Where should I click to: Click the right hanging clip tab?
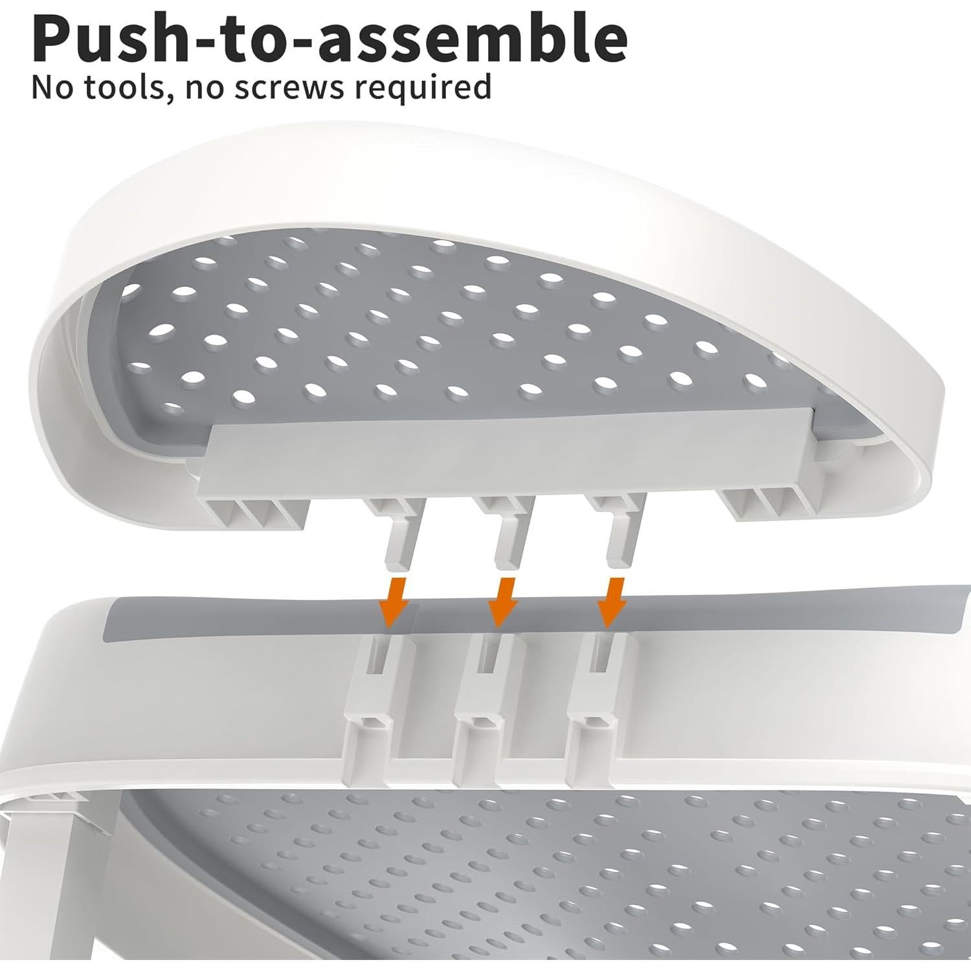(x=620, y=537)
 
